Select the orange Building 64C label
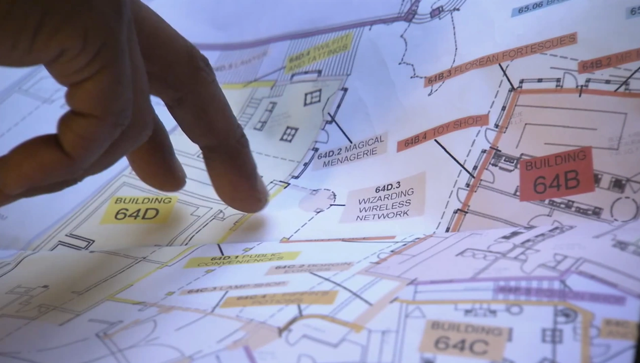click(463, 337)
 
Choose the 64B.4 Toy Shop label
click(442, 133)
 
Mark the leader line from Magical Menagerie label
click(340, 128)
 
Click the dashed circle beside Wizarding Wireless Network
click(318, 199)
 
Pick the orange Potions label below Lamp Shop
click(279, 299)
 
